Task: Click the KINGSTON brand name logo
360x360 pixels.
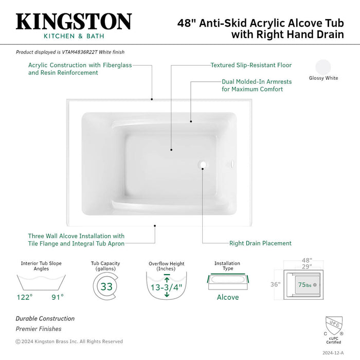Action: click(74, 21)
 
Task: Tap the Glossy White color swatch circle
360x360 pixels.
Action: click(323, 67)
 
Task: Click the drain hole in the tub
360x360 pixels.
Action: click(203, 166)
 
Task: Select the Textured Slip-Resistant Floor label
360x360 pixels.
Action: click(251, 65)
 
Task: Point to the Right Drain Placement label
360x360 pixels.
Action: click(260, 243)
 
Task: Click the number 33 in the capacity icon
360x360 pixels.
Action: click(106, 286)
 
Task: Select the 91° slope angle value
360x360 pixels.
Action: click(57, 297)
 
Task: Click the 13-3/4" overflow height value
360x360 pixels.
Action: click(167, 287)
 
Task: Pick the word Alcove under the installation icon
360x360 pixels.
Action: click(227, 297)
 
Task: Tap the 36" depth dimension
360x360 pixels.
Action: click(276, 284)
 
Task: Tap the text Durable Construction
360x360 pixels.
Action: click(45, 319)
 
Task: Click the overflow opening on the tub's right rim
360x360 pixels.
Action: click(232, 166)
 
